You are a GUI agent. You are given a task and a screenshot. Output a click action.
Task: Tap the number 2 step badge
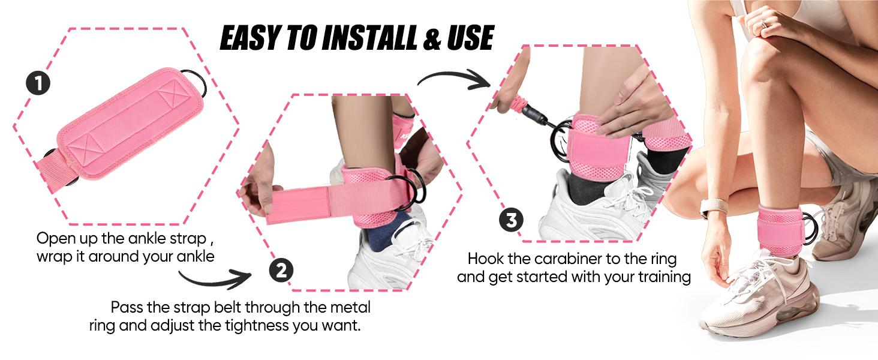(x=281, y=271)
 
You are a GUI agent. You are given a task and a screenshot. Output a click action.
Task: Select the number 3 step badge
(x=511, y=220)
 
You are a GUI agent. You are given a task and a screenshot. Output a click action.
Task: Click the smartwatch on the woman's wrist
(x=711, y=206)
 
